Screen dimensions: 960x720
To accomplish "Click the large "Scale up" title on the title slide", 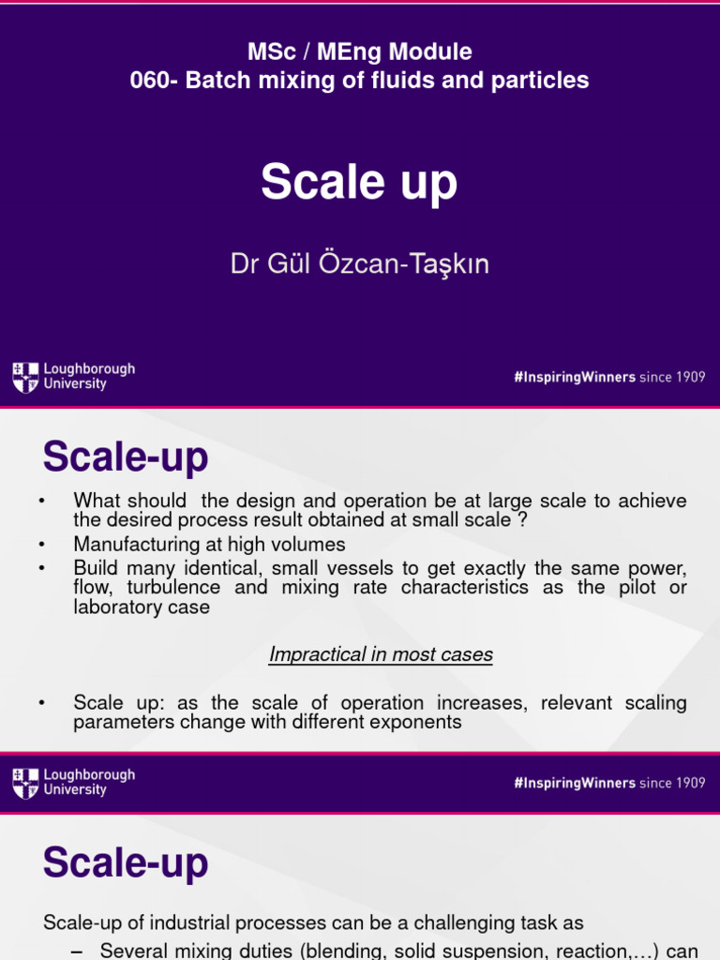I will (359, 181).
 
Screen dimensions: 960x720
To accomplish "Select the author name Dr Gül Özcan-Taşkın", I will (359, 264).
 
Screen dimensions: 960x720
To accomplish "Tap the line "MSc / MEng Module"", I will (359, 52).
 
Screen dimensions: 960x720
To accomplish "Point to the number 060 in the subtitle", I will (150, 81).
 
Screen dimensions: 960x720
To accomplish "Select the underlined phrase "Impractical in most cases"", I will (381, 654).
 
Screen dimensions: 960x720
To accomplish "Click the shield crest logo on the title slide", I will (25, 377).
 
